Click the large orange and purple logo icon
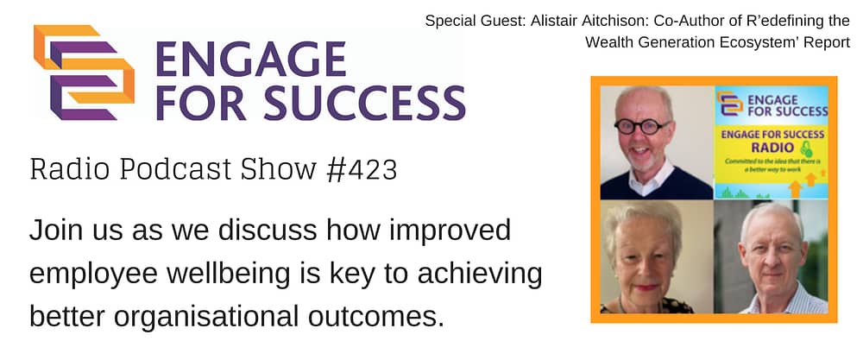(85, 73)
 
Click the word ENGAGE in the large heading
(251, 59)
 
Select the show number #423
(361, 170)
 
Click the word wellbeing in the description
(222, 275)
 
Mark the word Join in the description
(54, 231)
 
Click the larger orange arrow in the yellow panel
(796, 188)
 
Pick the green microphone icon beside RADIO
(806, 148)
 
